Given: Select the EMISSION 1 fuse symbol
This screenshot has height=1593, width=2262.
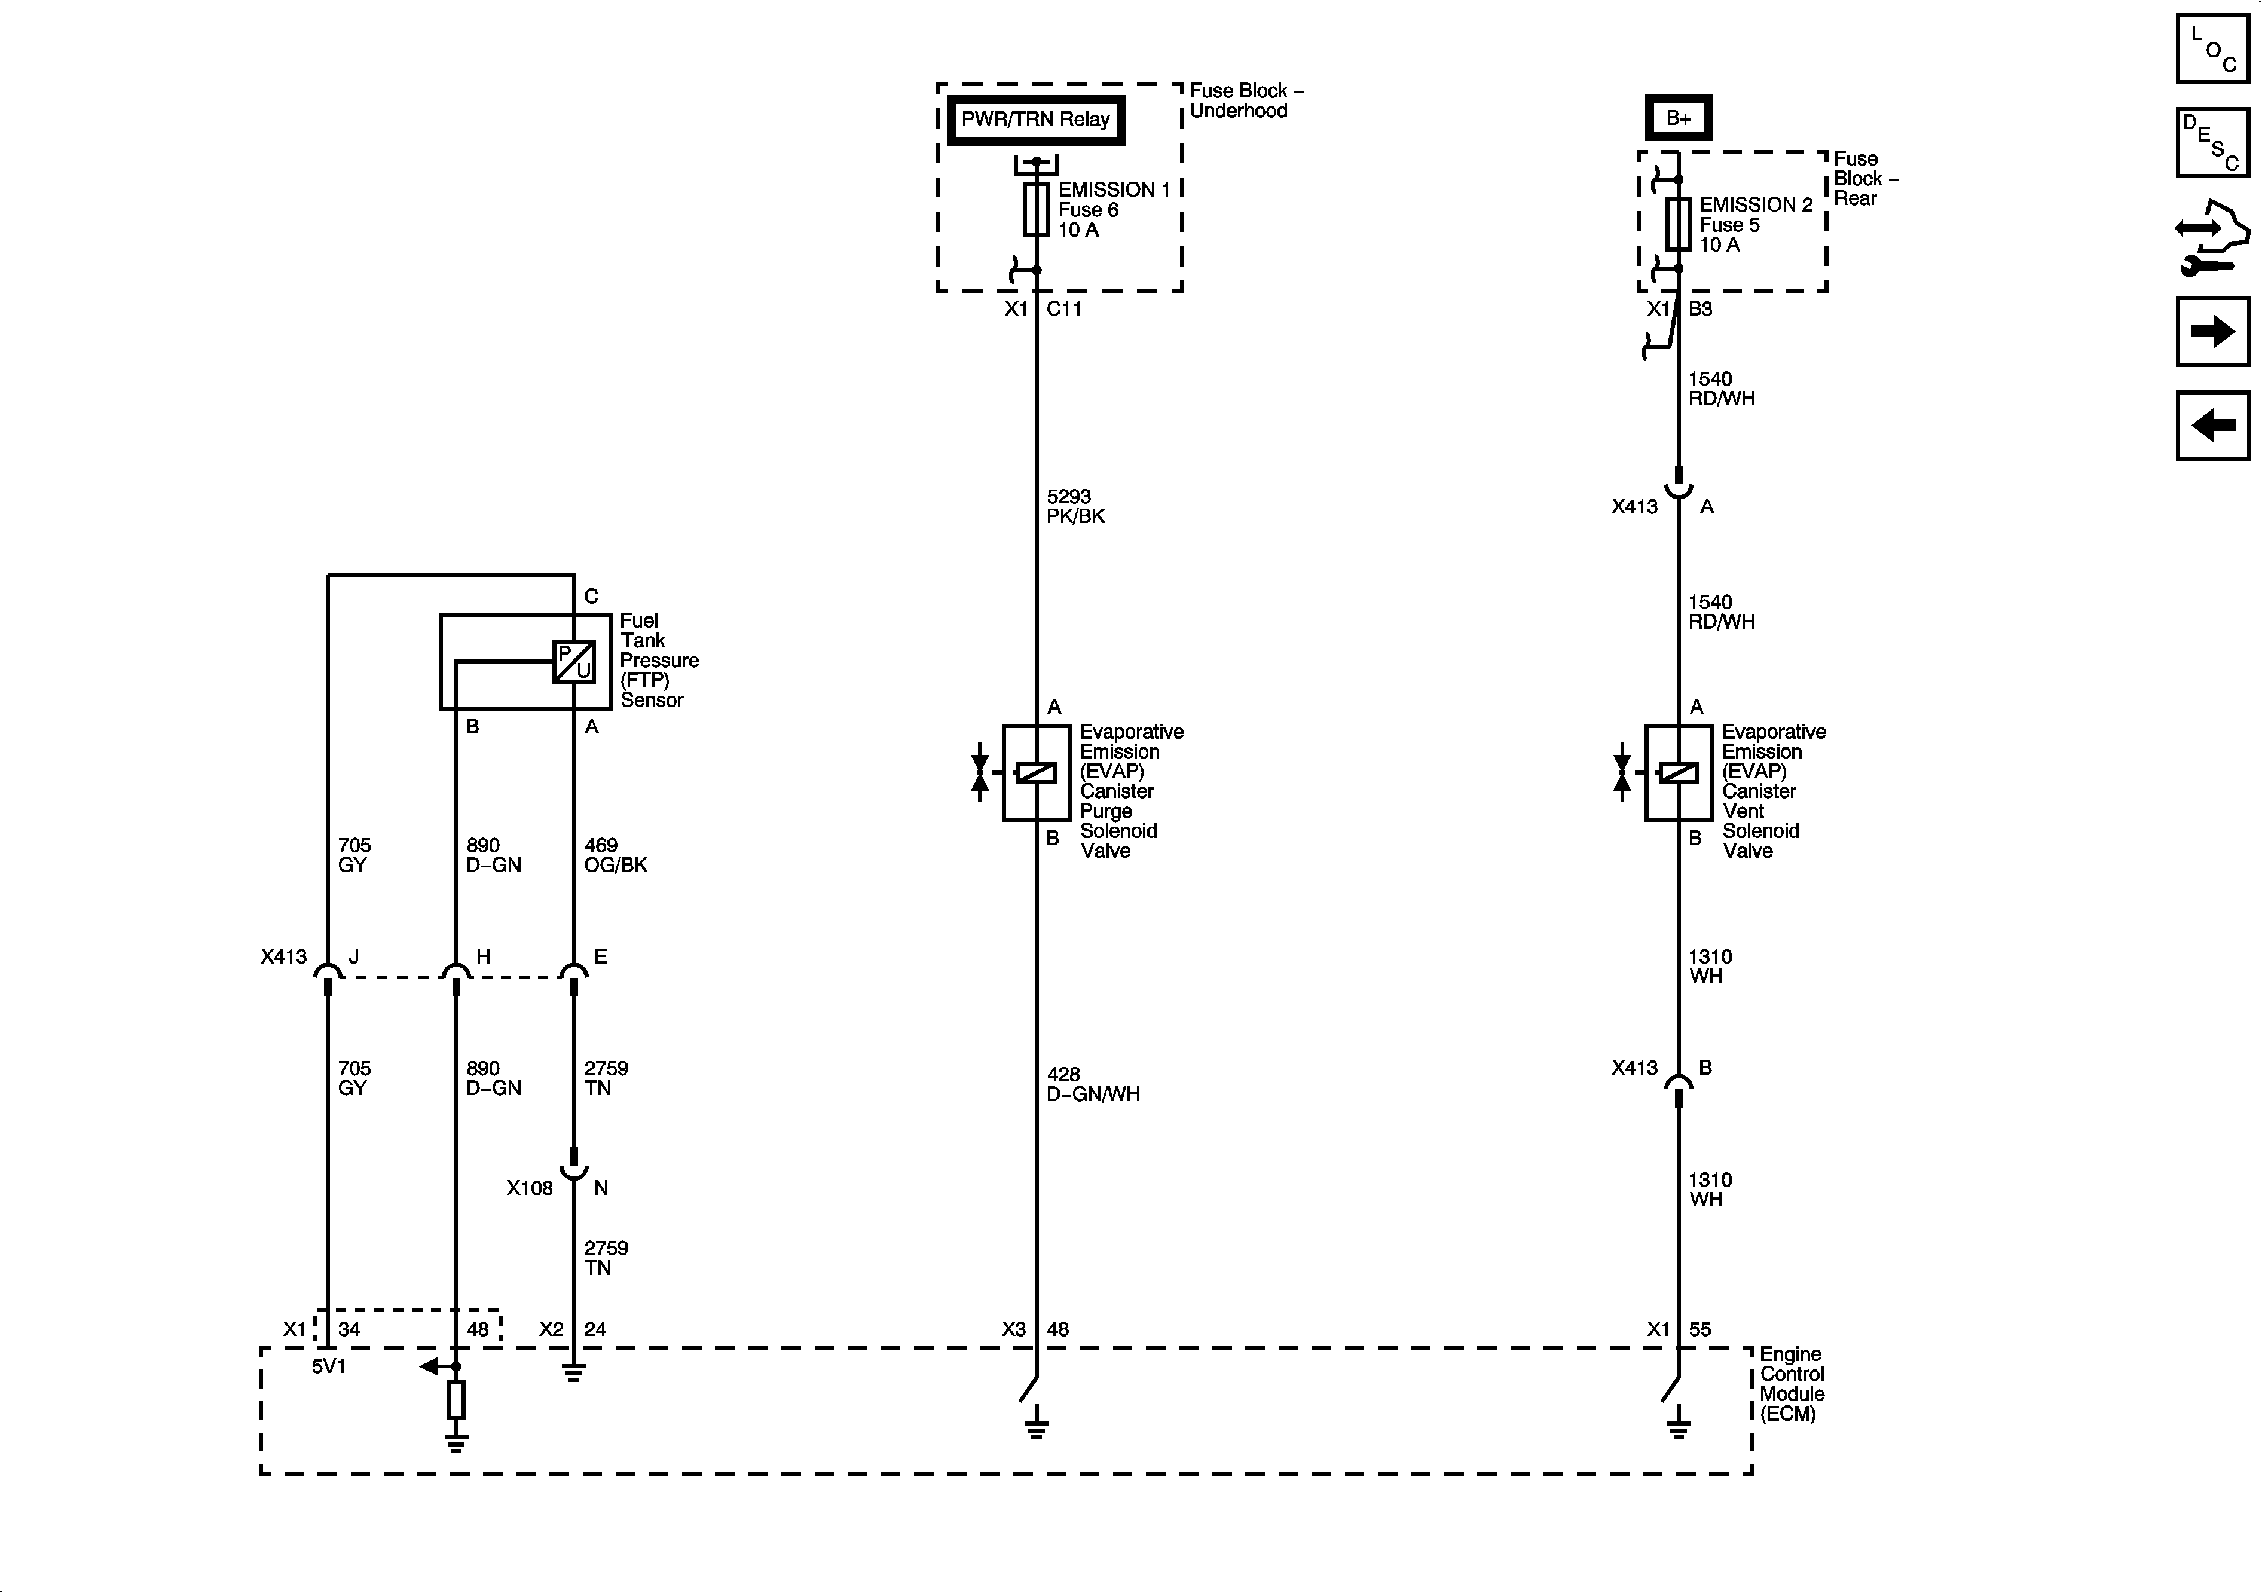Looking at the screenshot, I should pyautogui.click(x=1035, y=209).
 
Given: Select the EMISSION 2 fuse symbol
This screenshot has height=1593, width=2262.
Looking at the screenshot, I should pyautogui.click(x=1678, y=224).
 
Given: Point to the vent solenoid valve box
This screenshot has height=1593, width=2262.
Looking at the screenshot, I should pyautogui.click(x=1678, y=772).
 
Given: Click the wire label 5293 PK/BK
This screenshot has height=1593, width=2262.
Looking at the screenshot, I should pyautogui.click(x=1075, y=506).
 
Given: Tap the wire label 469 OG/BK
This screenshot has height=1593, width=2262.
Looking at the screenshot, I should pyautogui.click(x=615, y=855).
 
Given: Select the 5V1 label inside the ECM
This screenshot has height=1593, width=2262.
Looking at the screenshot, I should pyautogui.click(x=328, y=1366).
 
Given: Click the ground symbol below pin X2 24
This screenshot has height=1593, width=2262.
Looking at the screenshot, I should pyautogui.click(x=573, y=1372).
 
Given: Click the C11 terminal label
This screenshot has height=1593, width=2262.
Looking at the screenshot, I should pyautogui.click(x=1064, y=310).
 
